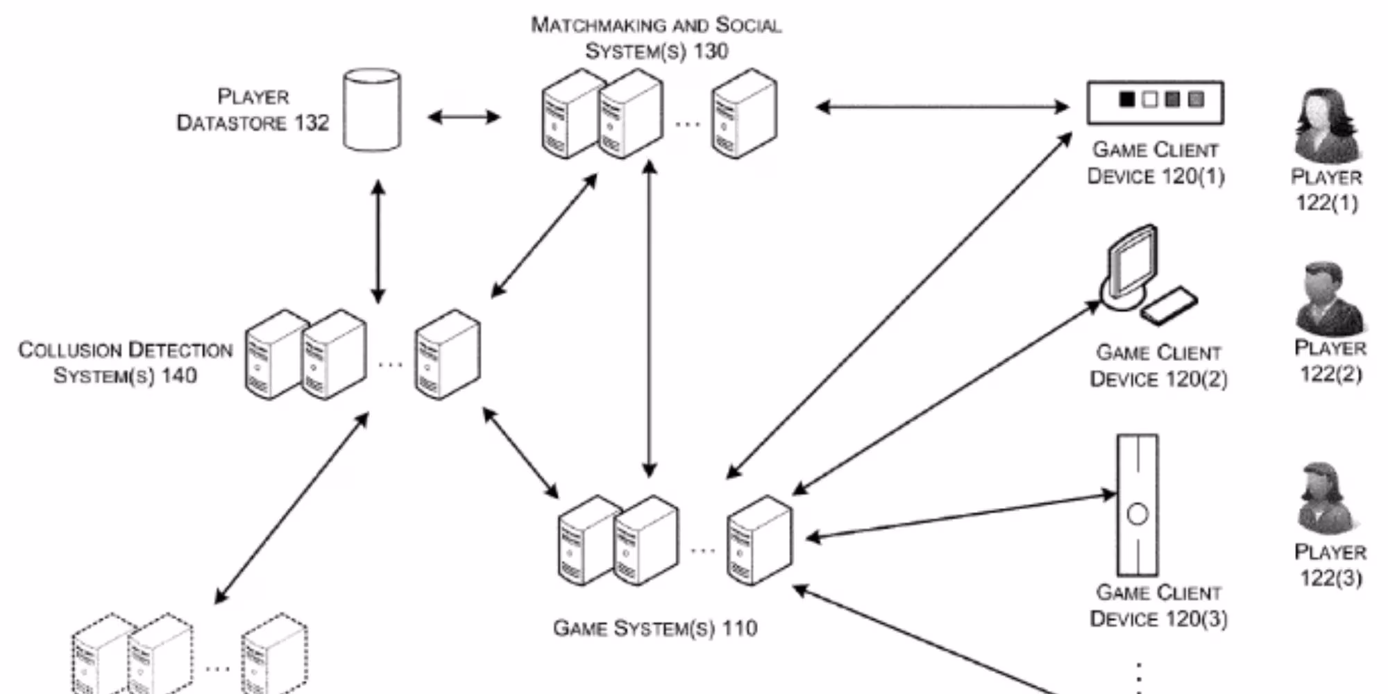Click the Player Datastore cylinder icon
pyautogui.click(x=372, y=110)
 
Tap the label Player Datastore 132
pyautogui.click(x=253, y=110)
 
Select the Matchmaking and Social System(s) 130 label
pyautogui.click(x=656, y=38)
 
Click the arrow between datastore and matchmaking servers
pyautogui.click(x=464, y=117)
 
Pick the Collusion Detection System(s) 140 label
pyautogui.click(x=126, y=362)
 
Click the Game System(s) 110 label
pyautogui.click(x=654, y=628)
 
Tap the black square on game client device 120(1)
pyautogui.click(x=1127, y=100)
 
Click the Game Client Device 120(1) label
pyautogui.click(x=1156, y=163)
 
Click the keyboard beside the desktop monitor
pyautogui.click(x=1170, y=305)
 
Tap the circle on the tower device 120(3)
pyautogui.click(x=1137, y=514)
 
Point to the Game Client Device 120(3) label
pyautogui.click(x=1158, y=606)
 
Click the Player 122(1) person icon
pyautogui.click(x=1326, y=125)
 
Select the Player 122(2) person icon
pyautogui.click(x=1328, y=298)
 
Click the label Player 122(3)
pyautogui.click(x=1330, y=565)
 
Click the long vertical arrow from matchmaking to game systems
pyautogui.click(x=650, y=319)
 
